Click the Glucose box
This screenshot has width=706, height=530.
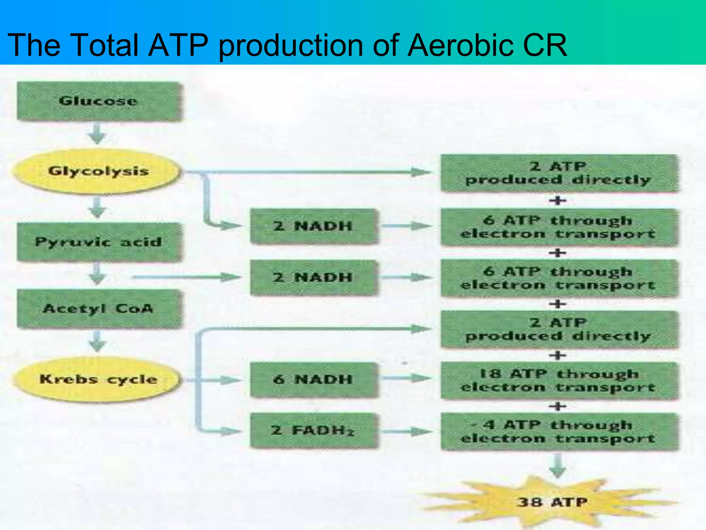pos(99,101)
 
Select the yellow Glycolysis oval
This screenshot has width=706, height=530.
pos(98,171)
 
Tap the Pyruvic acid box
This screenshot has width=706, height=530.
pos(99,242)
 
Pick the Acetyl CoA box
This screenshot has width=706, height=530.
pos(99,308)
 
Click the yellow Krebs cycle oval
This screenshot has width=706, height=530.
pos(98,379)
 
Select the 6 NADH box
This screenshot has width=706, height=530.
pos(313,380)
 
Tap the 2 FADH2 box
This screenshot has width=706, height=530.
pos(313,431)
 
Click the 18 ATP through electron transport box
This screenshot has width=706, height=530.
pos(558,380)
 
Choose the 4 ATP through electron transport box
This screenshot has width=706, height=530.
pos(558,431)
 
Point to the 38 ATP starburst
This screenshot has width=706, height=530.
pos(552,502)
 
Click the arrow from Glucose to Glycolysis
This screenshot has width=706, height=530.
pos(98,134)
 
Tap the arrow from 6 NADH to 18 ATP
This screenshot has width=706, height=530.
pos(407,379)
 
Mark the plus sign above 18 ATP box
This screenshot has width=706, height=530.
pos(558,355)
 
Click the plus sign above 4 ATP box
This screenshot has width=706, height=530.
pos(558,406)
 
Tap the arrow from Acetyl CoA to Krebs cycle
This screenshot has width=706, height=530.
pos(98,342)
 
